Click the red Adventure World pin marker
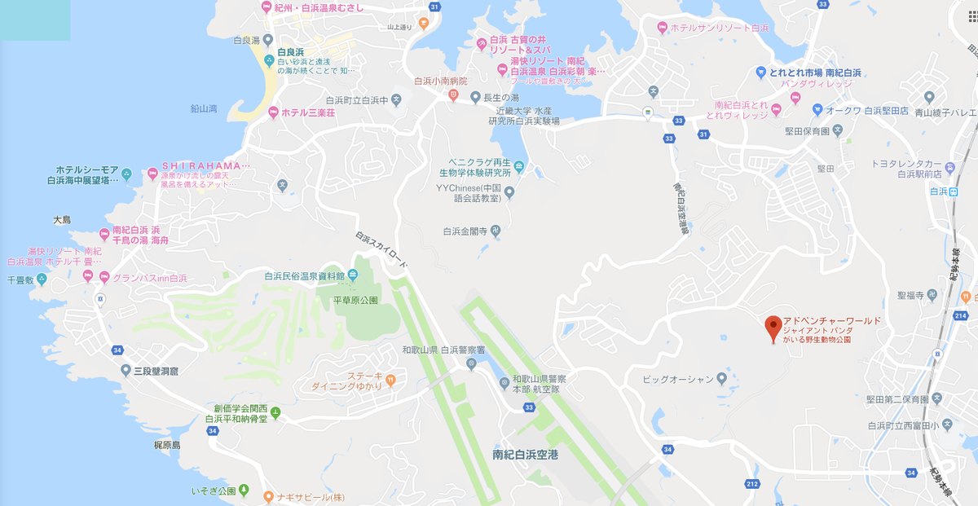(x=773, y=328)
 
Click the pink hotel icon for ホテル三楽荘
(x=273, y=112)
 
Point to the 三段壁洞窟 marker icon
(x=126, y=371)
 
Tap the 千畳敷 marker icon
(x=42, y=279)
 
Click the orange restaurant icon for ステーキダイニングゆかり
(x=391, y=379)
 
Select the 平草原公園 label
(x=355, y=301)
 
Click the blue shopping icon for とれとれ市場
(x=760, y=72)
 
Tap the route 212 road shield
(x=752, y=486)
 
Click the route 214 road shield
(x=960, y=315)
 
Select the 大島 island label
(x=62, y=220)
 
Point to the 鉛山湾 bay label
(x=203, y=108)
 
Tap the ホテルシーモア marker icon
(x=126, y=174)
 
